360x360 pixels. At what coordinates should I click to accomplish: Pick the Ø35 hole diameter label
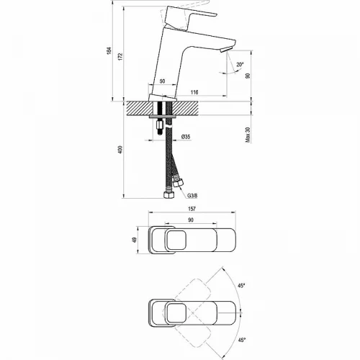(x=185, y=137)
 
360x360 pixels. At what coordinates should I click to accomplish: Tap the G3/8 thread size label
(x=192, y=194)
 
